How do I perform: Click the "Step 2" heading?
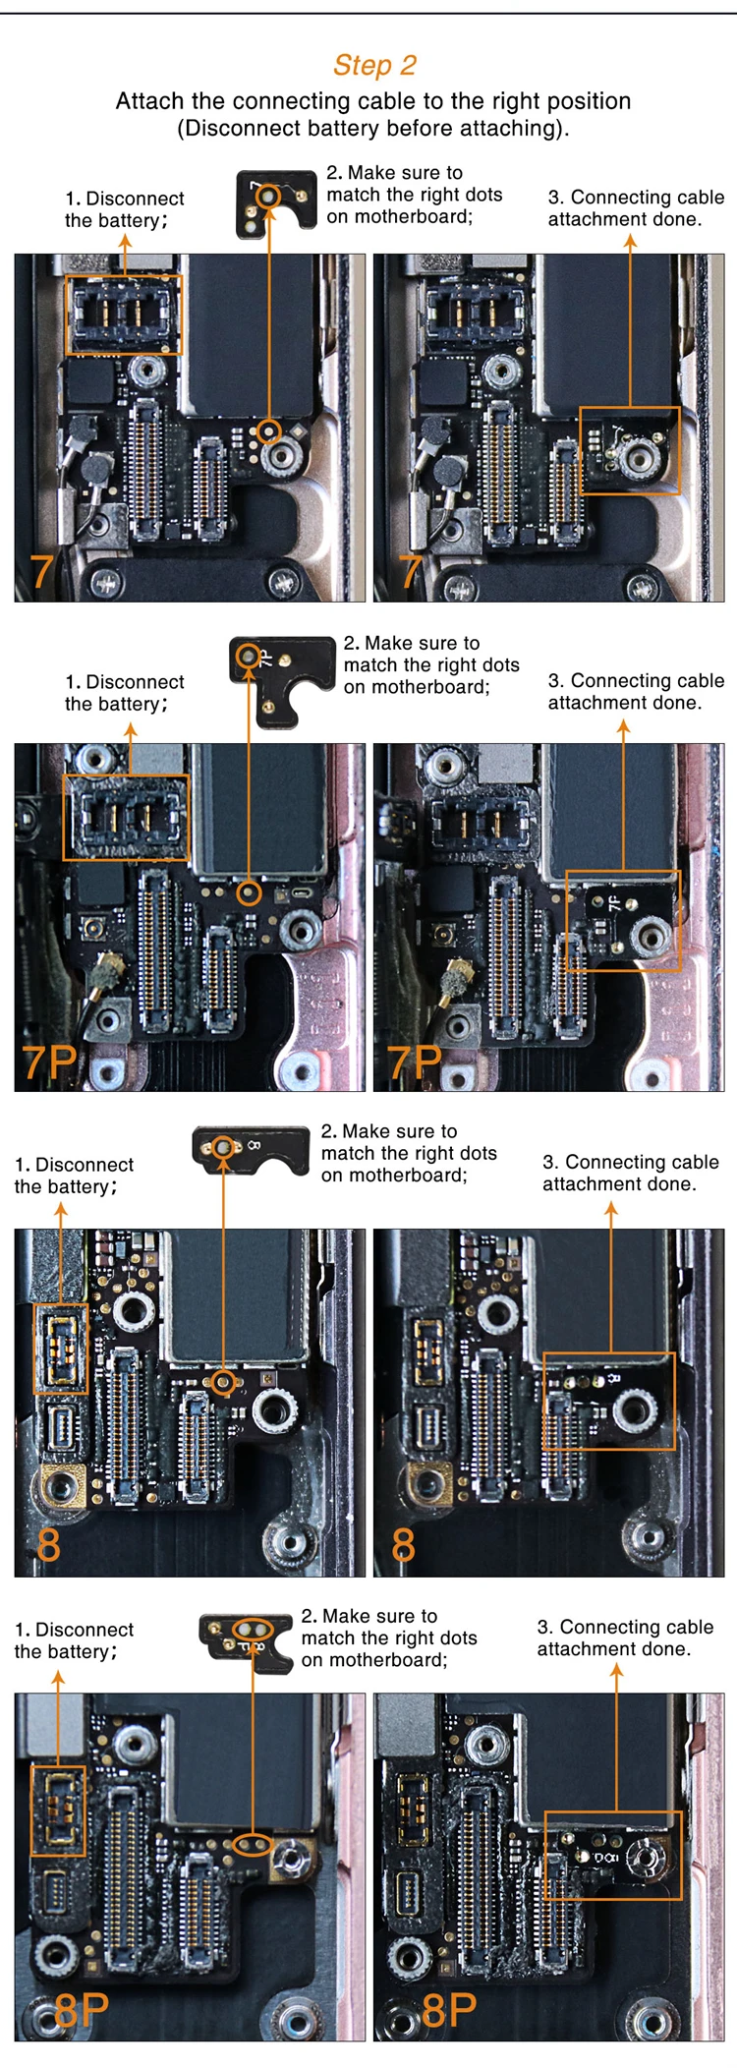click(374, 66)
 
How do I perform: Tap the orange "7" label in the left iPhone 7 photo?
click(42, 572)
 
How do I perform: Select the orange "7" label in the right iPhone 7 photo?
click(411, 572)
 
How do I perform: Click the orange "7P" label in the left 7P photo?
click(50, 1063)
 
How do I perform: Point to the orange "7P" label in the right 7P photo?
click(416, 1063)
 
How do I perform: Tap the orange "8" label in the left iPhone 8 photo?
click(48, 1545)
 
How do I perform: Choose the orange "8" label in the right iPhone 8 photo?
click(404, 1545)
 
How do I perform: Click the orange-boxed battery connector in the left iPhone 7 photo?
click(124, 315)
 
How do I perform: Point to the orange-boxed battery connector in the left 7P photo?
click(126, 817)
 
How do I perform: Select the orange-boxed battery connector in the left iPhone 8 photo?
click(61, 1348)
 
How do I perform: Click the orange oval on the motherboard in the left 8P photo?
click(254, 1844)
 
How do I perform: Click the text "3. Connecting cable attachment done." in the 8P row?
click(625, 1637)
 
